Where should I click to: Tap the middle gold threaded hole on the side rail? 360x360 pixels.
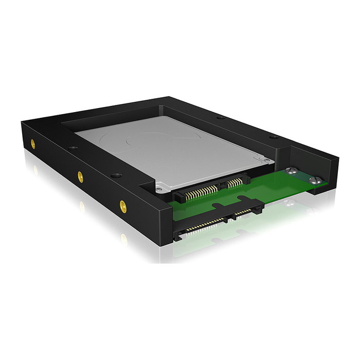pyautogui.click(x=80, y=176)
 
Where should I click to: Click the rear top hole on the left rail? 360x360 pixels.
pyautogui.click(x=72, y=148)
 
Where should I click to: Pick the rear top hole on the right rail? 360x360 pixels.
pyautogui.click(x=221, y=118)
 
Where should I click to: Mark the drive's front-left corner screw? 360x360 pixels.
pyautogui.click(x=161, y=189)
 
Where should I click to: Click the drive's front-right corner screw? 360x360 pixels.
pyautogui.click(x=267, y=160)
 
